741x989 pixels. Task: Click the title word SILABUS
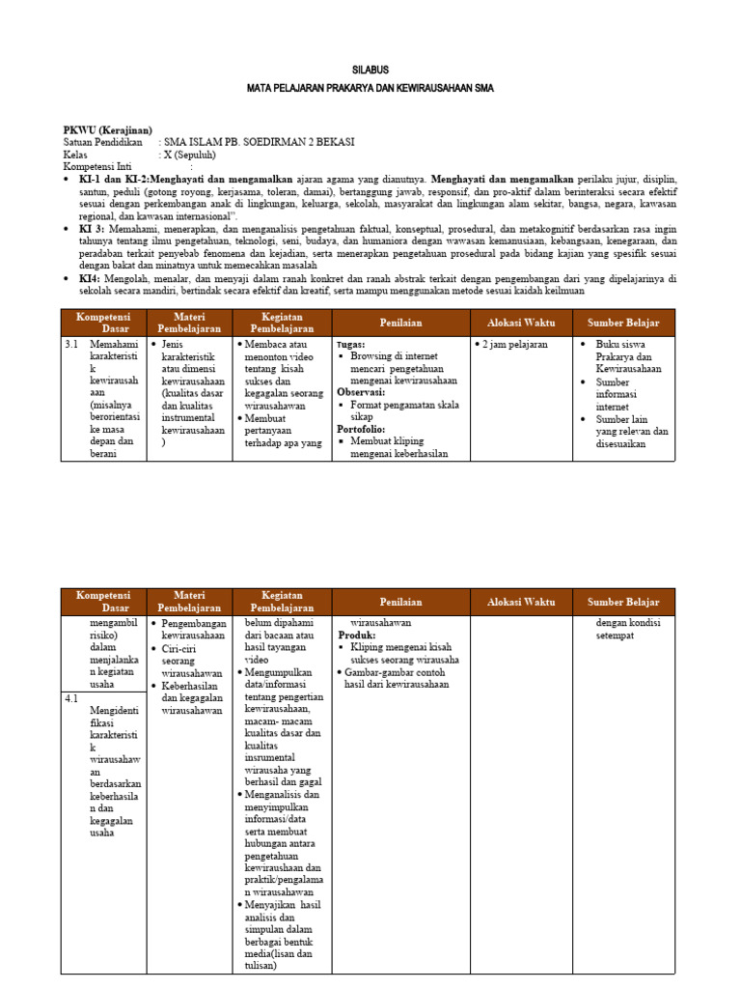tap(370, 71)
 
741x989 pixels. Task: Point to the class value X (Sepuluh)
tap(190, 155)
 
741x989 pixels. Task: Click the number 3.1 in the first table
tap(71, 344)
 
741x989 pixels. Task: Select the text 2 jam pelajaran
tap(513, 344)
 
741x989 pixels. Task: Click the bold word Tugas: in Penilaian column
tap(350, 344)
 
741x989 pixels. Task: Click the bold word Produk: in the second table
tap(356, 636)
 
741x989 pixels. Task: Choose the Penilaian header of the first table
tap(400, 323)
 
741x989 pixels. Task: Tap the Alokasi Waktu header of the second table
tap(521, 602)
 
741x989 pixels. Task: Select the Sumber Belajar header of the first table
tap(623, 323)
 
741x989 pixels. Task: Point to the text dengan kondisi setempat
tap(627, 630)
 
